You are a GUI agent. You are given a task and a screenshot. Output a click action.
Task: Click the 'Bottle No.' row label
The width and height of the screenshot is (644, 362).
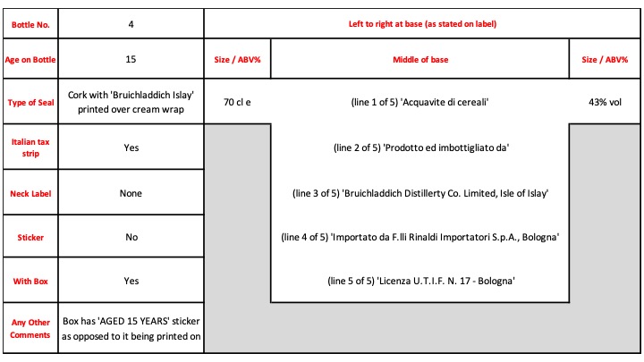pos(30,25)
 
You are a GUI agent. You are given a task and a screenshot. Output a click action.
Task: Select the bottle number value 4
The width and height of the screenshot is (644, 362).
pos(131,24)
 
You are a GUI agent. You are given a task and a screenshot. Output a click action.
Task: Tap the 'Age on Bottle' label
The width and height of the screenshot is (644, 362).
pos(30,60)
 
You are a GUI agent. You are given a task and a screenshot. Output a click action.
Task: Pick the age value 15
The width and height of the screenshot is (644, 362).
pos(131,59)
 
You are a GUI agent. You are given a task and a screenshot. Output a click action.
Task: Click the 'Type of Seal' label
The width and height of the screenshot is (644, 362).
pos(30,103)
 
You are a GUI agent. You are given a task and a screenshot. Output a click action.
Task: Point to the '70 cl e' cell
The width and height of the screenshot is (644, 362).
pos(237,102)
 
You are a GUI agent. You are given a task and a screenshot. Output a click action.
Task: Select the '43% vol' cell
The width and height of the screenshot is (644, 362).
pos(605,102)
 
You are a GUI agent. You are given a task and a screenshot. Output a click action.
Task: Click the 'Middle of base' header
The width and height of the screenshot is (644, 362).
pos(420,60)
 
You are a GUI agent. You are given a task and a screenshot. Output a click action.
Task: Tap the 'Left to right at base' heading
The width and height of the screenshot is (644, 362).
pos(422,24)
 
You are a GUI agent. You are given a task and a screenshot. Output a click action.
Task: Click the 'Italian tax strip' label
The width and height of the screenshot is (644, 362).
pos(30,147)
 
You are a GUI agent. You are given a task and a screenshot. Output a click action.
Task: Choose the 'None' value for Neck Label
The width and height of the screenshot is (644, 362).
pos(131,193)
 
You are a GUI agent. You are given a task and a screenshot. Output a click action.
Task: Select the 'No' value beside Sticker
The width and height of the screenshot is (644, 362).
pos(131,237)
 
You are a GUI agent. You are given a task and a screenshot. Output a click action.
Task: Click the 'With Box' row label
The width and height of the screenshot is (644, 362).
pos(30,282)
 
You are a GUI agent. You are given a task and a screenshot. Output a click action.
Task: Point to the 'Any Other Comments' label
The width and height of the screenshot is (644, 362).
pos(30,328)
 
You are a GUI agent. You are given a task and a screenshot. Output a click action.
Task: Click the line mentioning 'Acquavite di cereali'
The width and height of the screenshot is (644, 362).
pos(419,102)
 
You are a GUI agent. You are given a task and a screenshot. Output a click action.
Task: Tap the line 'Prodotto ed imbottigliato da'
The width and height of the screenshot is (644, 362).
pos(421,147)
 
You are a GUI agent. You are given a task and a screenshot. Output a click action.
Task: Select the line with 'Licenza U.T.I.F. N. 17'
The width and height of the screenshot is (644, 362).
pos(421,281)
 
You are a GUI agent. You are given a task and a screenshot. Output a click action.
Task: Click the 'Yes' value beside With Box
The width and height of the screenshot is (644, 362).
pos(131,281)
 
